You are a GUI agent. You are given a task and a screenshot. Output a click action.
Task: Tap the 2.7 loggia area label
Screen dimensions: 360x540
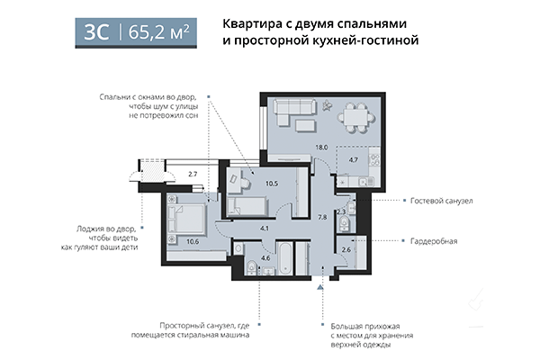[x=192, y=175]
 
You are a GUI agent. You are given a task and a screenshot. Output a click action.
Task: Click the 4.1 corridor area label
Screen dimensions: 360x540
[x=265, y=229]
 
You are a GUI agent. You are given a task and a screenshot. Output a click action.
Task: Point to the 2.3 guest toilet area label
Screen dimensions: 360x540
[x=340, y=212]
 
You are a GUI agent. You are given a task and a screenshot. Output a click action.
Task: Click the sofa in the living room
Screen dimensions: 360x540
[x=295, y=114]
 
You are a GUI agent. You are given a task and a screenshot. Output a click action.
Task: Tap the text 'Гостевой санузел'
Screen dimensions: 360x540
[x=442, y=200]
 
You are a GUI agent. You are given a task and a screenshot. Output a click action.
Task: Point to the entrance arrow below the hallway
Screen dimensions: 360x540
[x=320, y=287]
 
